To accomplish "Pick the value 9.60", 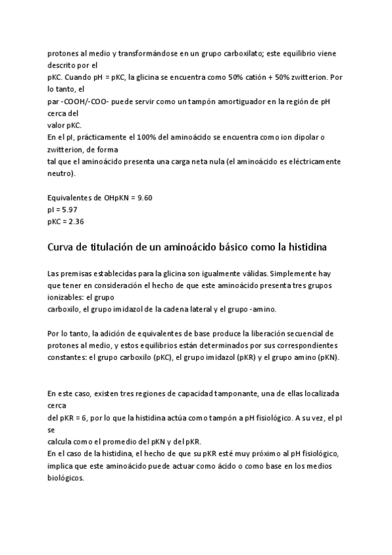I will tap(142, 197).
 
